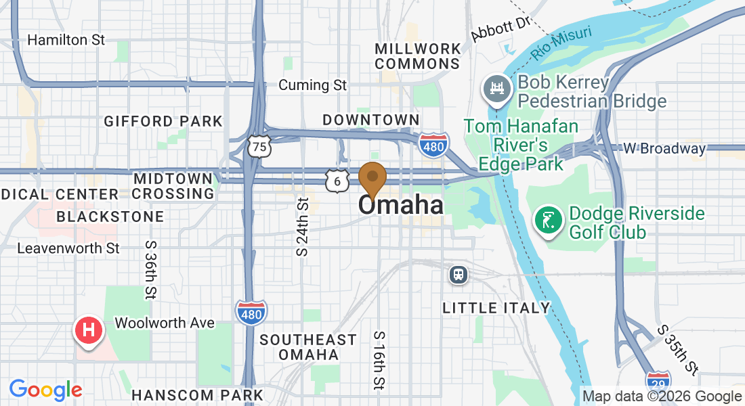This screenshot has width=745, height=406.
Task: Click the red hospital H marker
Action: (88, 330)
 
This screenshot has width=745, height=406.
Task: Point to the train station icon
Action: (459, 275)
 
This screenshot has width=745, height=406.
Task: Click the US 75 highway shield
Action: (259, 146)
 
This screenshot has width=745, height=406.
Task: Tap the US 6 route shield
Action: (336, 180)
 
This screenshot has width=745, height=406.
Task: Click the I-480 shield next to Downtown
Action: (432, 145)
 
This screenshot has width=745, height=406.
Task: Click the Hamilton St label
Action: (66, 40)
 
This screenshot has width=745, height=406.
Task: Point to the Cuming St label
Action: (313, 85)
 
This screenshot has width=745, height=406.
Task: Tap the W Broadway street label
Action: (664, 148)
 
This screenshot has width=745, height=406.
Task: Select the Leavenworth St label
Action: (68, 248)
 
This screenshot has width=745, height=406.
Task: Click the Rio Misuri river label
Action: (561, 42)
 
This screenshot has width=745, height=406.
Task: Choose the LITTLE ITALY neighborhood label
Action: (496, 309)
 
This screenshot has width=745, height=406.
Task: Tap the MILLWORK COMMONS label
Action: (418, 56)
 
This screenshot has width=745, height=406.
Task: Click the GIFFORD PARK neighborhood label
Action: (163, 122)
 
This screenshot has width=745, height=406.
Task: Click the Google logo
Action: (45, 390)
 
